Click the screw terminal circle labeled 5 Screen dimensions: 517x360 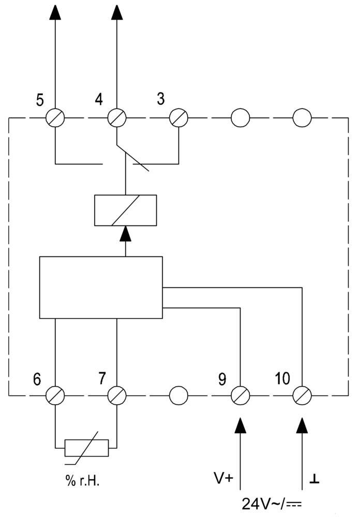(x=54, y=118)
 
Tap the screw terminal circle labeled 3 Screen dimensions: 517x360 (x=178, y=118)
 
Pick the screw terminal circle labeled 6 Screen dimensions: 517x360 (x=54, y=396)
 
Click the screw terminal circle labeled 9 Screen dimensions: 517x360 (x=241, y=396)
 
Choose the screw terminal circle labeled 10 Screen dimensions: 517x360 (x=302, y=396)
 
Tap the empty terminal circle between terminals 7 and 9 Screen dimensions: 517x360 (x=178, y=396)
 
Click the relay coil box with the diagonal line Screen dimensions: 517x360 (x=126, y=210)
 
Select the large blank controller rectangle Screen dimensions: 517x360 (x=101, y=287)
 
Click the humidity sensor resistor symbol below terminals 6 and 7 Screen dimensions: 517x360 (x=86, y=448)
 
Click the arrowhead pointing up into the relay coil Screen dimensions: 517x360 (x=126, y=235)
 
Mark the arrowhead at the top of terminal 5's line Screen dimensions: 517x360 (x=54, y=12)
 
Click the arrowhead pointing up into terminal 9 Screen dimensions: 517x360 (x=241, y=425)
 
